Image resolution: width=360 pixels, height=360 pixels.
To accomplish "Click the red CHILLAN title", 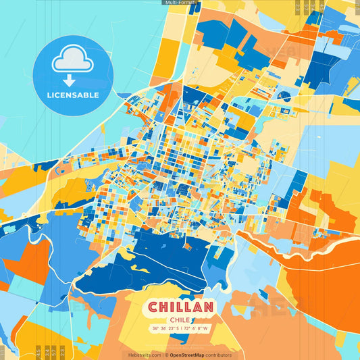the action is coord(180,307).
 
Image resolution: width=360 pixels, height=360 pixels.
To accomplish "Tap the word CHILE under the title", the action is coord(180,320).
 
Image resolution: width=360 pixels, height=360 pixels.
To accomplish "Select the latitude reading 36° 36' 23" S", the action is coord(164,329).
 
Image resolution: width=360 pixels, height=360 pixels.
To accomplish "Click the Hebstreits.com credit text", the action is coord(144,355).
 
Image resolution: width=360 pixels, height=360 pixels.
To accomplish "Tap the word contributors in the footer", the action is coord(220,355).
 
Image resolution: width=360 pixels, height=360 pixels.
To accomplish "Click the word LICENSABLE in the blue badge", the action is coord(72,95).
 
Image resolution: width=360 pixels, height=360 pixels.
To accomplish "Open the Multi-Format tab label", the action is coord(180,3).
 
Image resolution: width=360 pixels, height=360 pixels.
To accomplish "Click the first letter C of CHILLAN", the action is coord(153,307).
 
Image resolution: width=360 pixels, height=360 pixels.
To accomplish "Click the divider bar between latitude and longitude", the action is coord(180,329).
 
